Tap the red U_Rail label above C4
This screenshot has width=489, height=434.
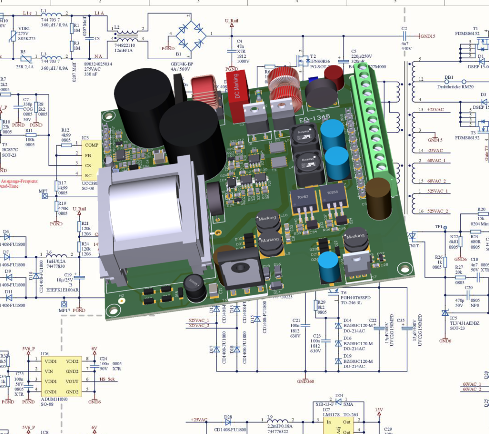[x=232, y=21]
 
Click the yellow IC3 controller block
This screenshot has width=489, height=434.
[x=92, y=159]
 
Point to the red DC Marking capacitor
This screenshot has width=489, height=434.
[x=238, y=86]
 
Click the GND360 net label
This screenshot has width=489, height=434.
[x=306, y=381]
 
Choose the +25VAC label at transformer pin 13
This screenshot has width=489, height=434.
[x=435, y=110]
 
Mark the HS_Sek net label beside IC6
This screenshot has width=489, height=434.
[x=109, y=380]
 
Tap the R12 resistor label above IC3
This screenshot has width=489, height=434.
[x=65, y=130]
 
